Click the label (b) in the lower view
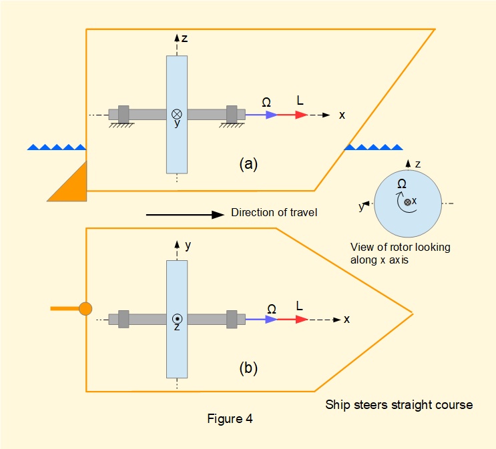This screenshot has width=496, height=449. click(x=248, y=368)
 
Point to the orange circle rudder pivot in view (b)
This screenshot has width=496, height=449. click(x=85, y=309)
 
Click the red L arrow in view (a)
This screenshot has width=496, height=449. click(x=292, y=115)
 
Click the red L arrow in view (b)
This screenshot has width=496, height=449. click(x=292, y=320)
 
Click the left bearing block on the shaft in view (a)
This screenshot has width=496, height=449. click(x=123, y=113)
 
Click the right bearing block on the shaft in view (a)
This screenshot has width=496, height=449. click(x=232, y=113)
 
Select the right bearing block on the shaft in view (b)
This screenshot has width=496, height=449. click(x=232, y=318)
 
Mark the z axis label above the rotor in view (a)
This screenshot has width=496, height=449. click(x=184, y=39)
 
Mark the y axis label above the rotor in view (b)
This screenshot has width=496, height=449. click(x=188, y=245)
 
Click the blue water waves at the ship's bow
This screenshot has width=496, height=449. click(x=373, y=147)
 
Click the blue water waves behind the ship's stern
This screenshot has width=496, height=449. click(x=56, y=147)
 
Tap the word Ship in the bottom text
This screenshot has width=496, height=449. click(x=337, y=404)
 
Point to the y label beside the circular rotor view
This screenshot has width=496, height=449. click(x=361, y=207)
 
